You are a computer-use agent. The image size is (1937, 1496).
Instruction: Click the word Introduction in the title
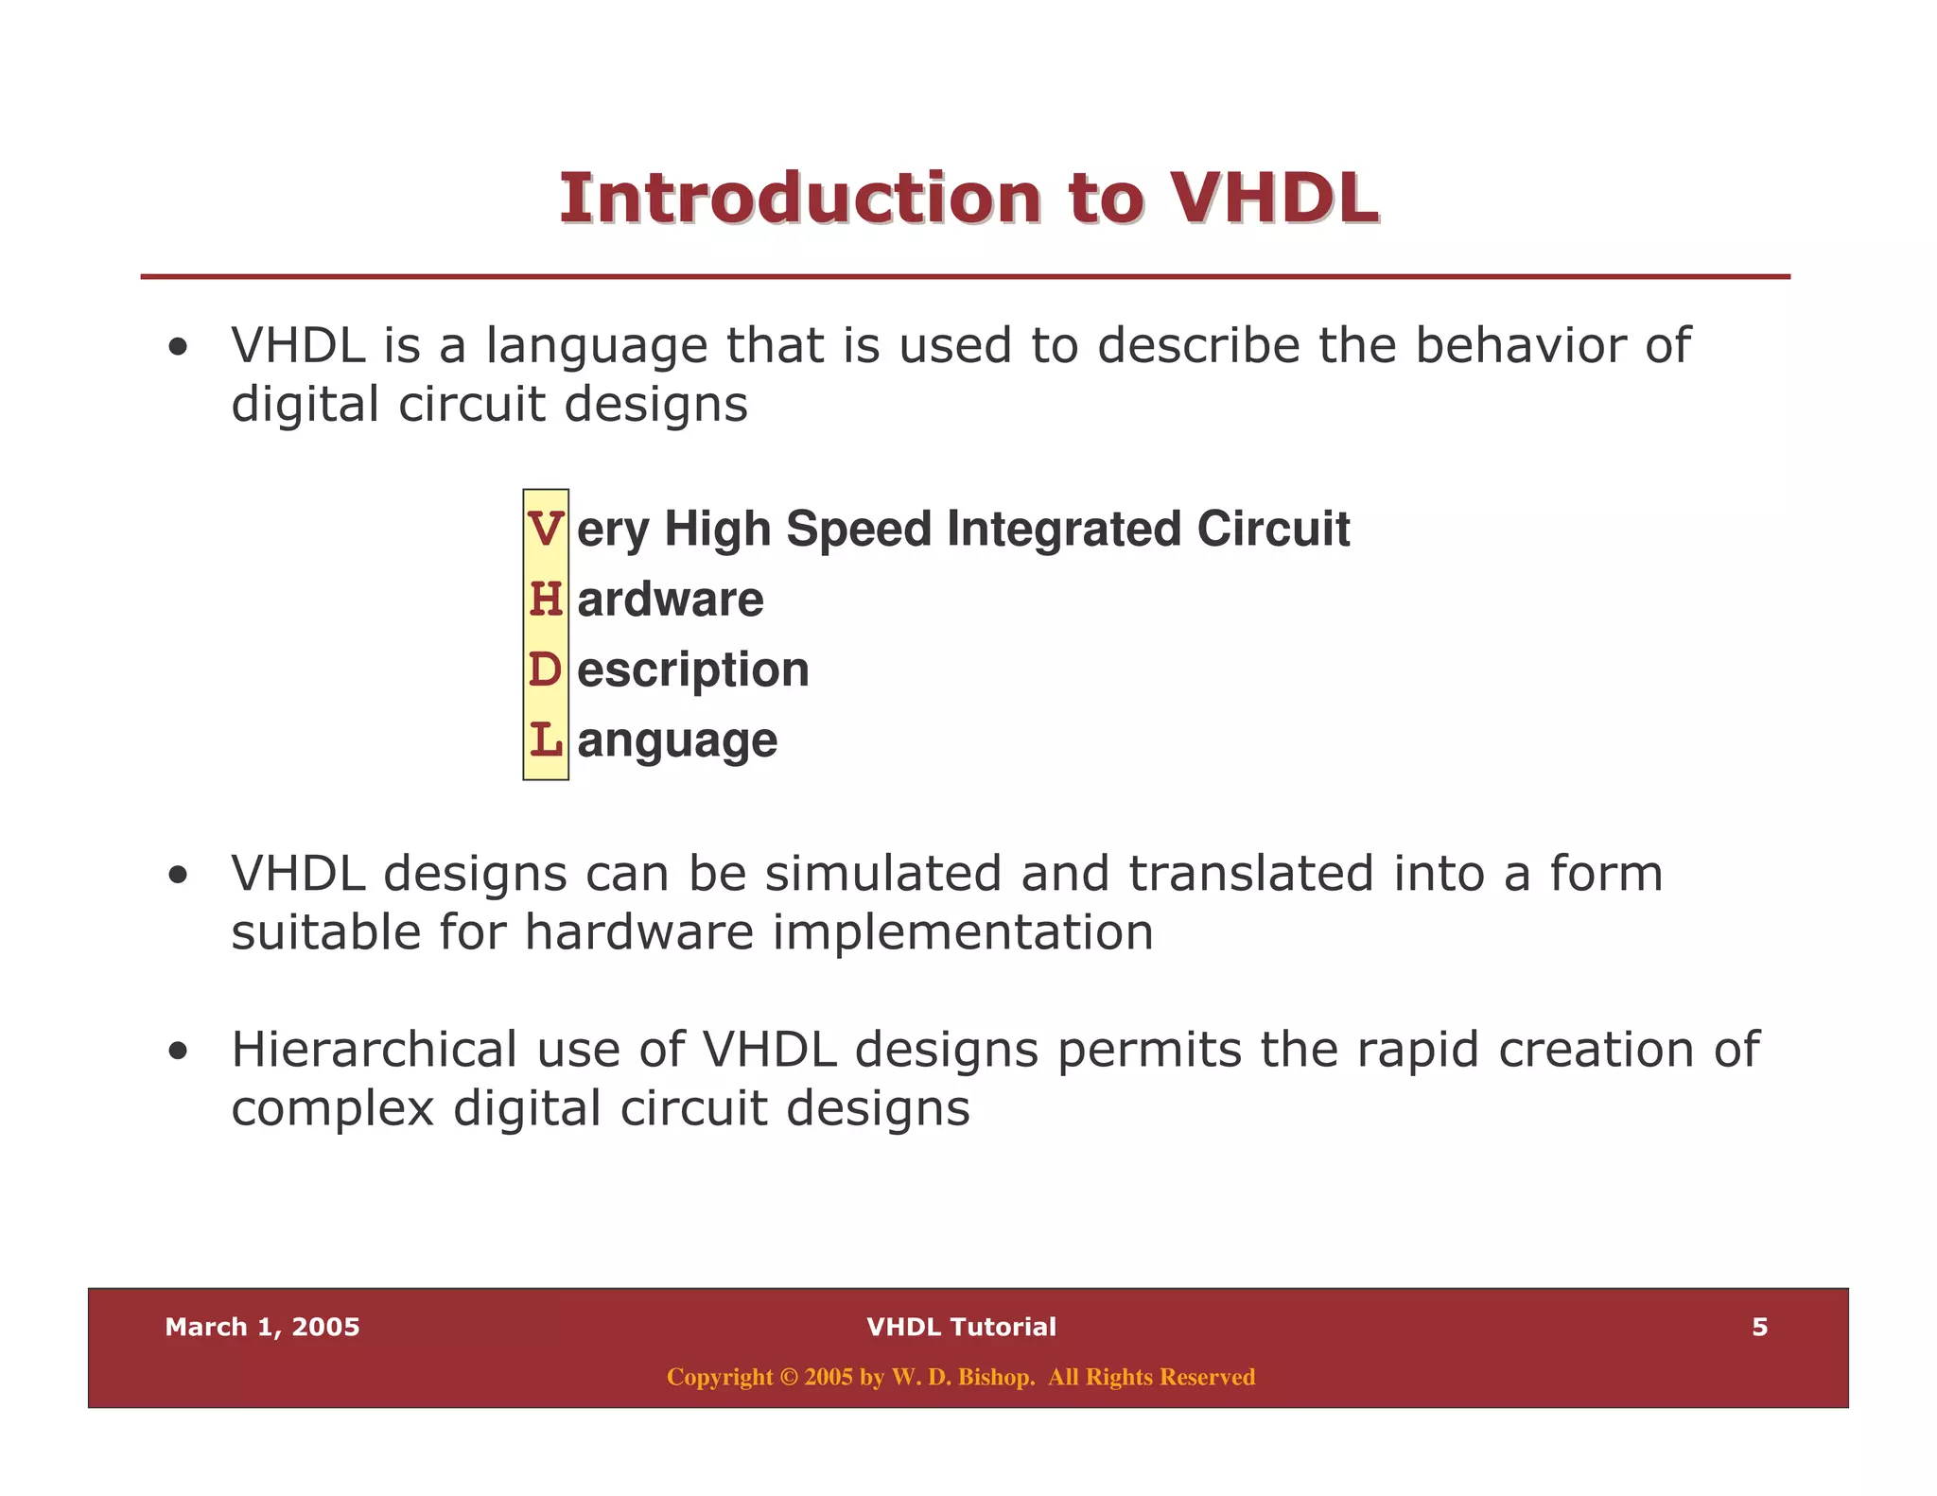click(800, 200)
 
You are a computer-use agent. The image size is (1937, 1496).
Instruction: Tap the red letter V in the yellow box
click(546, 529)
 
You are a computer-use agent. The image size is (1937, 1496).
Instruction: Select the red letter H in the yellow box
click(546, 600)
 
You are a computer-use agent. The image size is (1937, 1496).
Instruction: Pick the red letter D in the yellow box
click(546, 670)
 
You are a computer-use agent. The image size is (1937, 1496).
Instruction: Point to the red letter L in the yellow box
click(546, 739)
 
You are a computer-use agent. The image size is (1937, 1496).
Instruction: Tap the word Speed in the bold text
click(859, 529)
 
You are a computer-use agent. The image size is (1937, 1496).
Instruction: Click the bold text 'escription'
click(693, 670)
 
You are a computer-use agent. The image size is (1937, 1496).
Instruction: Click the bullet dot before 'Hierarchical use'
click(178, 1052)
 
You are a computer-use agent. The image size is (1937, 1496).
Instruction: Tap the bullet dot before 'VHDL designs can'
click(178, 876)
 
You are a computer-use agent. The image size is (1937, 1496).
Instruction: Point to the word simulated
click(882, 873)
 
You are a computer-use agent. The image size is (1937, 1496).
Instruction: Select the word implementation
click(963, 933)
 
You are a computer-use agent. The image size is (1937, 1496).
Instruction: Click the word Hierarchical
click(375, 1050)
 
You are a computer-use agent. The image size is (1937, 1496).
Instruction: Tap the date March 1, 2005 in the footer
click(262, 1328)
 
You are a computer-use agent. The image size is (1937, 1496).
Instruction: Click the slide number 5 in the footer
click(1759, 1328)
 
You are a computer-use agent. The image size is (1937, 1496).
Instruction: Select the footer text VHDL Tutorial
click(961, 1328)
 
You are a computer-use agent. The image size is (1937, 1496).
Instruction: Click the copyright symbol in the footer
click(789, 1378)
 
